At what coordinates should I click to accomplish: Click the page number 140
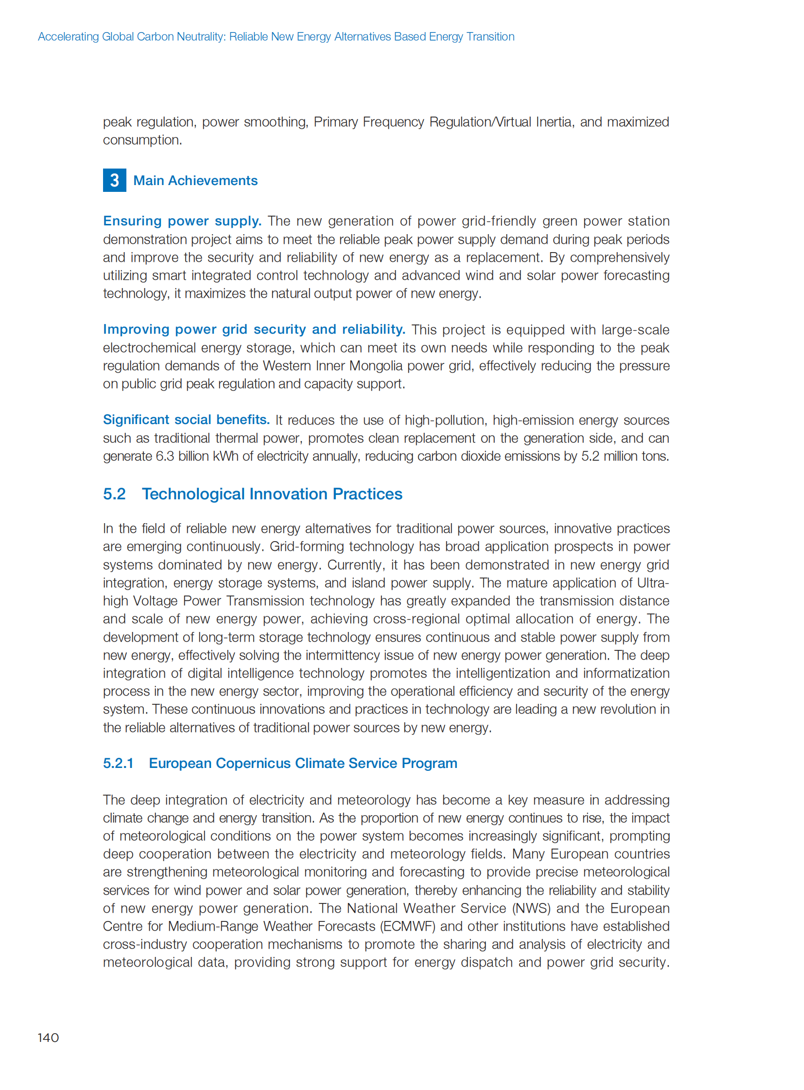48,1038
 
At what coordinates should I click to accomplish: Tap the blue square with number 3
114,180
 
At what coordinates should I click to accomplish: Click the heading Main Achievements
195,180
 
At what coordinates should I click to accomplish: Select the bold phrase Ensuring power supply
182,221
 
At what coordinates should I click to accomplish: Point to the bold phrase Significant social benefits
186,420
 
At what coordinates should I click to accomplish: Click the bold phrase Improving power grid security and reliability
254,329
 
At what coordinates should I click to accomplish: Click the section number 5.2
114,494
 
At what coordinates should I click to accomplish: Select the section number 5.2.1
118,763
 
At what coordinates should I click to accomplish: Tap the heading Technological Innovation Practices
272,494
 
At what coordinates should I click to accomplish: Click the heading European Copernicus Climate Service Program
303,763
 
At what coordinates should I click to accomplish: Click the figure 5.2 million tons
625,456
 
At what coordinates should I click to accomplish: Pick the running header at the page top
276,37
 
